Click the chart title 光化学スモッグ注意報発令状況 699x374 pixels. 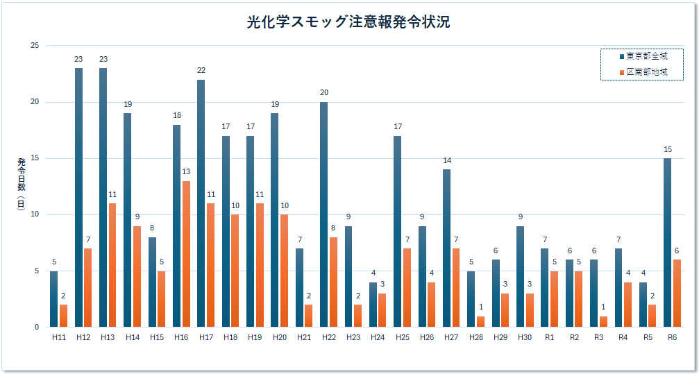click(x=348, y=22)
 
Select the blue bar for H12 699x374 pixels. click(x=78, y=198)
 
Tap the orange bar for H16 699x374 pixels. click(x=186, y=254)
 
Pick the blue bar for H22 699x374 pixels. click(x=323, y=214)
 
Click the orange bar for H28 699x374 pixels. click(x=480, y=321)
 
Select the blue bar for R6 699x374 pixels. click(x=667, y=243)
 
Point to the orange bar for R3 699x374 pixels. click(x=603, y=321)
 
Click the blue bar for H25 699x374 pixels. click(x=397, y=232)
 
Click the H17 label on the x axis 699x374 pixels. click(x=205, y=337)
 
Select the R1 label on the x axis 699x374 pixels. click(x=549, y=337)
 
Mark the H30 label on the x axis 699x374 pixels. click(x=524, y=337)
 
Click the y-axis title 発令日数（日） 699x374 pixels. click(x=21, y=186)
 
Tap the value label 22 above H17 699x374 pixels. click(x=201, y=70)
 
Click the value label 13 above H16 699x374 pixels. click(x=186, y=171)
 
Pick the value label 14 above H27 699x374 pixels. click(x=447, y=160)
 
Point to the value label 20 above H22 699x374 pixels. click(x=324, y=92)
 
